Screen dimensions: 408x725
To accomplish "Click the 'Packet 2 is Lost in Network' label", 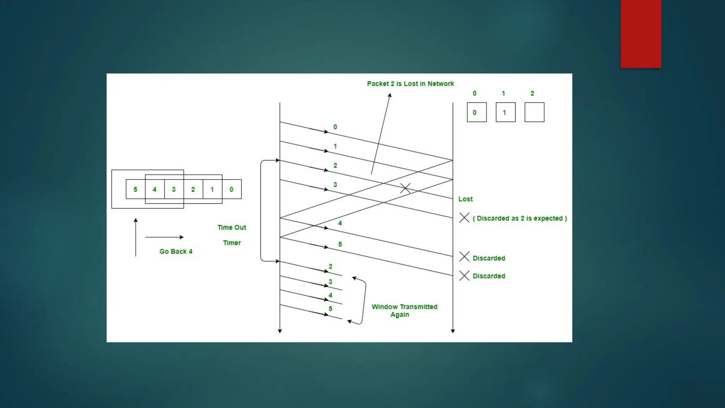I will coord(410,84).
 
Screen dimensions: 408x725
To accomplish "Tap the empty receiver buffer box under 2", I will coord(534,112).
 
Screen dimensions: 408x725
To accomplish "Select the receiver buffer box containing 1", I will coord(505,112).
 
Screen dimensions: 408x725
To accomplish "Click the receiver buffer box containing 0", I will coord(476,112).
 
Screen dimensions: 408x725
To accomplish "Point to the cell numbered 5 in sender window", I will coord(135,189).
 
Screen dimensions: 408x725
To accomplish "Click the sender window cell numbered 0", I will coord(232,189).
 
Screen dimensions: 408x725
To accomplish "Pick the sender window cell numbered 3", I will coord(174,189).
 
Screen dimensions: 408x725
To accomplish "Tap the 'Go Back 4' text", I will coord(176,251).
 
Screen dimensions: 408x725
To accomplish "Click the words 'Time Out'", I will coord(232,227).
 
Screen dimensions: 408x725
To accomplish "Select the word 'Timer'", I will coord(232,243).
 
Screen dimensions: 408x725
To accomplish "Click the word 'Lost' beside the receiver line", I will coord(465,199).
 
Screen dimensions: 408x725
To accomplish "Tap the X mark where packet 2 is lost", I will coord(405,188).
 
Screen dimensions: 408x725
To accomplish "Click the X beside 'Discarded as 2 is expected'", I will coord(464,217).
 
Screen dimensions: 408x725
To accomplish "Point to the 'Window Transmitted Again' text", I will coord(404,311).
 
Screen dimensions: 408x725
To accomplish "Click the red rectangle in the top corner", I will coord(640,34).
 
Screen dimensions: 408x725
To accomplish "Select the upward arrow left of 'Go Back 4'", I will coord(136,237).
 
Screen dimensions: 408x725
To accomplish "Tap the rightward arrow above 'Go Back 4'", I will coord(164,237).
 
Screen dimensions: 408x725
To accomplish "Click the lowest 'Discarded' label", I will coord(489,276).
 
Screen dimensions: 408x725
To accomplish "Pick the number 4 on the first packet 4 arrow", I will coord(340,223).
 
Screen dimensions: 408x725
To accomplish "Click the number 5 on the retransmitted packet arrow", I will coord(330,308).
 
